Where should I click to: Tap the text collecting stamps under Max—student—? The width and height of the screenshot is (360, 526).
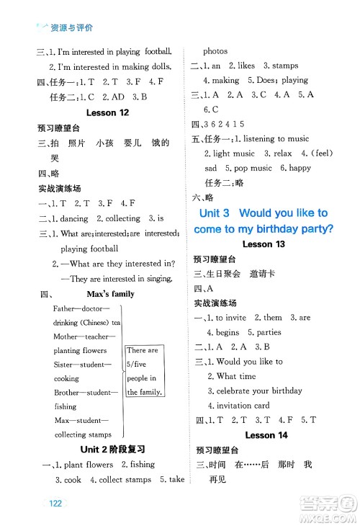[x=83, y=434]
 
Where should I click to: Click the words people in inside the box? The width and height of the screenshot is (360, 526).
[x=143, y=378]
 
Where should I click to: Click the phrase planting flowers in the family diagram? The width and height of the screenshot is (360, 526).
[x=80, y=350]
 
